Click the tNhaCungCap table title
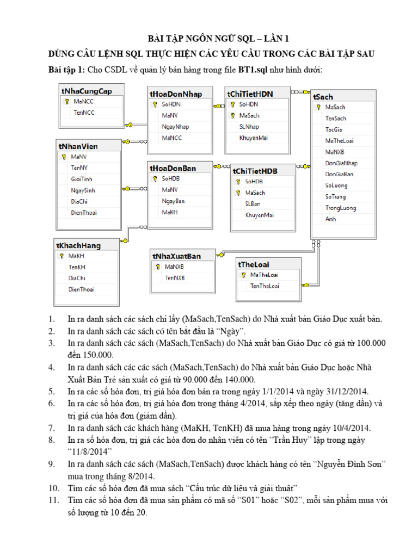87,91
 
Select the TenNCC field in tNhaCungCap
84,113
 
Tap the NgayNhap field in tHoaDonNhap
175,127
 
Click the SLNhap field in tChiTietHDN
249,127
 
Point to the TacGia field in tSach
334,129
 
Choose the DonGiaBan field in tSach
339,174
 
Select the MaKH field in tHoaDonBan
170,213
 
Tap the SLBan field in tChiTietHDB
253,203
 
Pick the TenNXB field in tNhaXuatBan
175,277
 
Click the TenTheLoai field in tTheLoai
265,286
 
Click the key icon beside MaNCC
65,101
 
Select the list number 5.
52,391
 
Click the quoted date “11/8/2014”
90,451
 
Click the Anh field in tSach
330,219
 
